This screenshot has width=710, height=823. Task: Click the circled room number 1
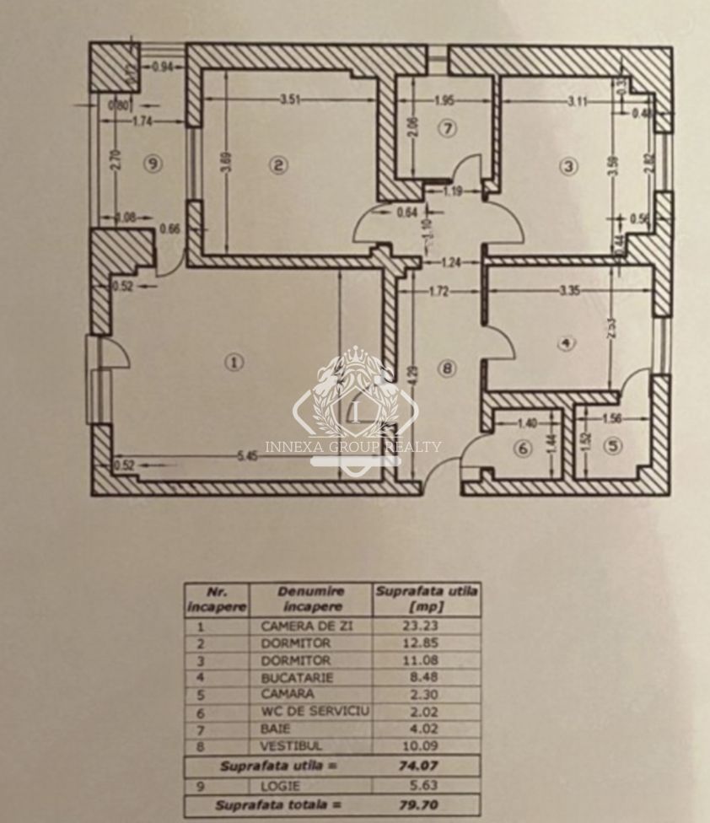[234, 362]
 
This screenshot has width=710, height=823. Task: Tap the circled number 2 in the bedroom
[278, 165]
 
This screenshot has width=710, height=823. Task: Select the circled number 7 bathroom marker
[447, 129]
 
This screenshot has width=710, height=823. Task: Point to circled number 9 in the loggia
[152, 164]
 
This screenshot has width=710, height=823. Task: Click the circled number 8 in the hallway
[447, 368]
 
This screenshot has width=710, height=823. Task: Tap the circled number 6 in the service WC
[524, 449]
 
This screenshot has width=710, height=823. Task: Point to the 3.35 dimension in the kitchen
[573, 293]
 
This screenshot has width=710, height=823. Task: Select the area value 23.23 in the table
[426, 627]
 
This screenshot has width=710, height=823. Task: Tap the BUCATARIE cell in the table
[298, 677]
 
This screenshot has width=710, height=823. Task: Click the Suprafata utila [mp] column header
[426, 599]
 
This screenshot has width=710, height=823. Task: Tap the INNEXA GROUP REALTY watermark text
[352, 447]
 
